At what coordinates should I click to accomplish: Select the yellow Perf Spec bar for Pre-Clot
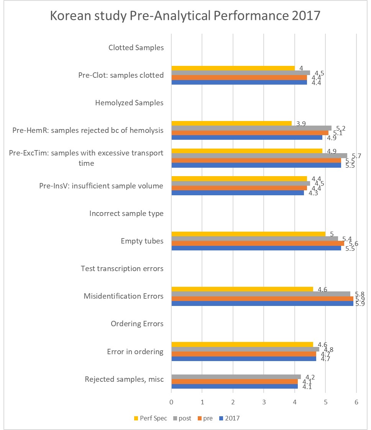point(233,68)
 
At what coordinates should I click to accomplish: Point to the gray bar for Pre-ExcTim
point(259,155)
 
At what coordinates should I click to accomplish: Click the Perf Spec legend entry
point(151,418)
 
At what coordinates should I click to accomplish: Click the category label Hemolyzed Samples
point(129,103)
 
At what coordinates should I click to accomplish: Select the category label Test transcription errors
point(122,268)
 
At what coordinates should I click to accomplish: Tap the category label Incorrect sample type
point(126,213)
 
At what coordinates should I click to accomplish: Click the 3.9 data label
point(300,124)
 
